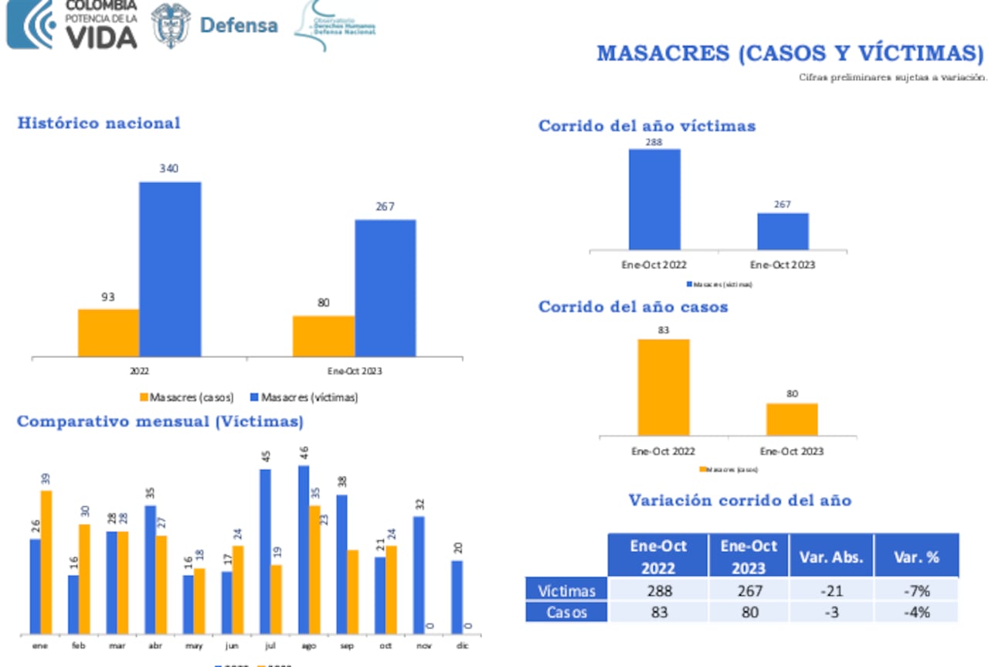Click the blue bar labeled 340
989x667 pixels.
(x=170, y=269)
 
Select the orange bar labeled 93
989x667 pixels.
(x=108, y=333)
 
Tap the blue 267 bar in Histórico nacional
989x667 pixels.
(x=385, y=288)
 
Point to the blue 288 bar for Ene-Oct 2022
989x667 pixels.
(x=654, y=199)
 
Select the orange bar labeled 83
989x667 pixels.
(x=663, y=387)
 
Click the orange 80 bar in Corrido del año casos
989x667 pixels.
(x=792, y=419)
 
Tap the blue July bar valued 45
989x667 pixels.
(x=265, y=551)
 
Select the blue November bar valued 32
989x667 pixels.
(x=418, y=575)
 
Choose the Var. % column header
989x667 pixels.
(x=916, y=556)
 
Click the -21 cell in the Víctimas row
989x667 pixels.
(x=831, y=590)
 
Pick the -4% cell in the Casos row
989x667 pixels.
(x=916, y=612)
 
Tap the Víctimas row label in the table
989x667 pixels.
(x=567, y=590)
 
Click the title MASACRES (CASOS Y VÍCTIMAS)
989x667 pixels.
(x=790, y=53)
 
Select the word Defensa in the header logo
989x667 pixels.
(x=239, y=25)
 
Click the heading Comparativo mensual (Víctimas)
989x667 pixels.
(x=160, y=422)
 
